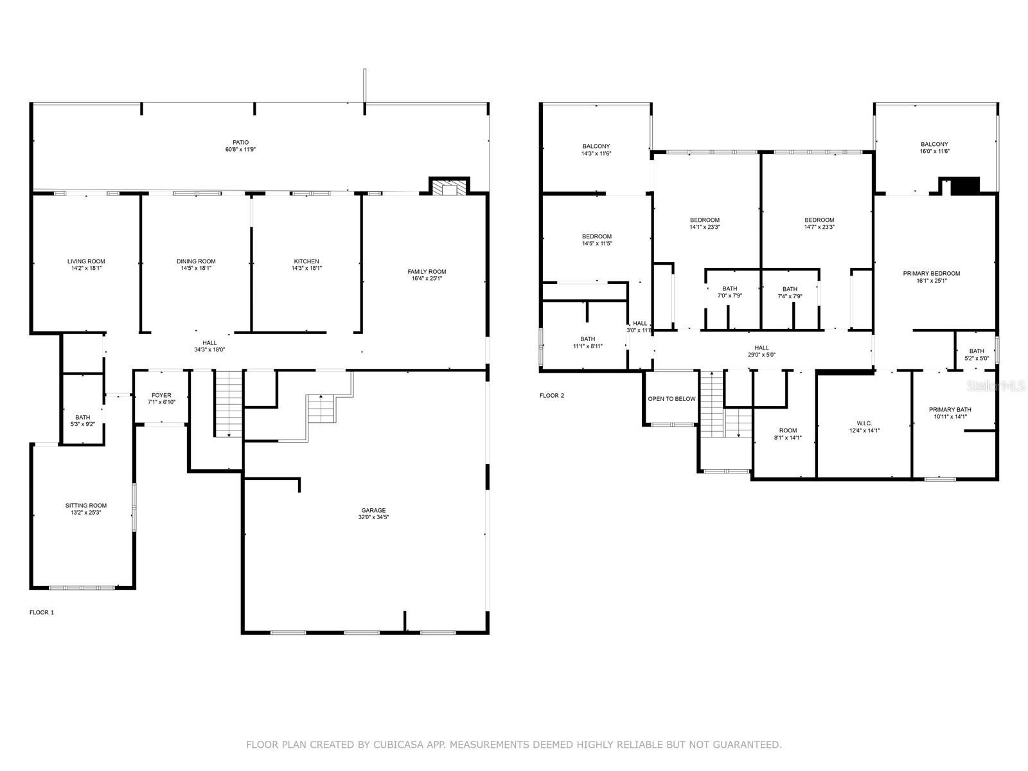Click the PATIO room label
coord(240,143)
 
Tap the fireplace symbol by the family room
coord(448,188)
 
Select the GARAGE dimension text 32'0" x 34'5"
coord(373,517)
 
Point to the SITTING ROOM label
coord(85,506)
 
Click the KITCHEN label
coord(306,261)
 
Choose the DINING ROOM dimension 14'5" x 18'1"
coord(195,269)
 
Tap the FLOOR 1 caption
coord(42,612)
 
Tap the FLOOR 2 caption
coord(552,396)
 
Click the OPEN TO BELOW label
coord(671,399)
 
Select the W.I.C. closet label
coord(864,423)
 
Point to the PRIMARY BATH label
coord(950,410)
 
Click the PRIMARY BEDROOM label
coord(931,274)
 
